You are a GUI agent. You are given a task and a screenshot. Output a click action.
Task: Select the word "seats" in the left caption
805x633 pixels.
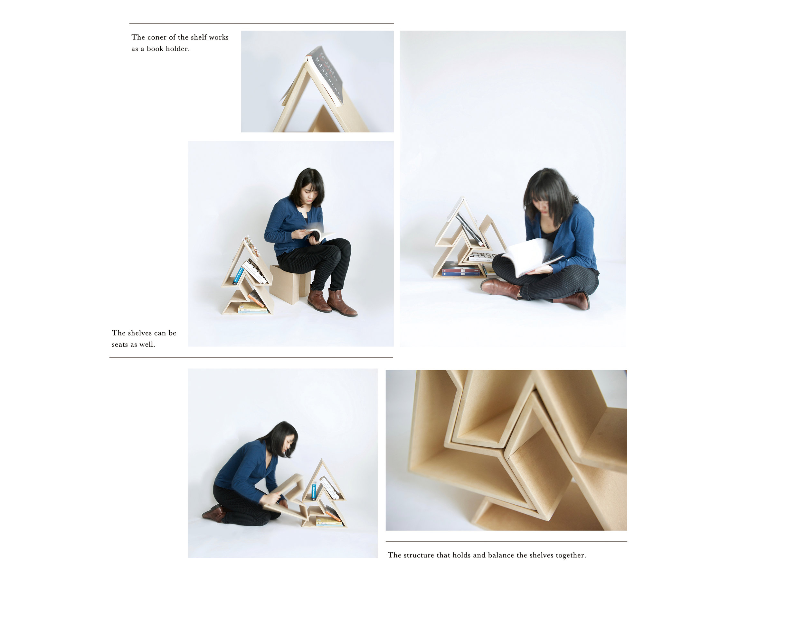(x=120, y=345)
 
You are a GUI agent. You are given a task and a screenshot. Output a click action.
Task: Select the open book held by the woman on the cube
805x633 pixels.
(x=318, y=234)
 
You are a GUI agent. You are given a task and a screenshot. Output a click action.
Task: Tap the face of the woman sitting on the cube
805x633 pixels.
(x=309, y=193)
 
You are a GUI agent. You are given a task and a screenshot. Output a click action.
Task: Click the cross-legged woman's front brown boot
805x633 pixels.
(x=500, y=288)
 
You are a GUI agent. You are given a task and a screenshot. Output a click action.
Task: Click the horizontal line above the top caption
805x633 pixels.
(x=261, y=23)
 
